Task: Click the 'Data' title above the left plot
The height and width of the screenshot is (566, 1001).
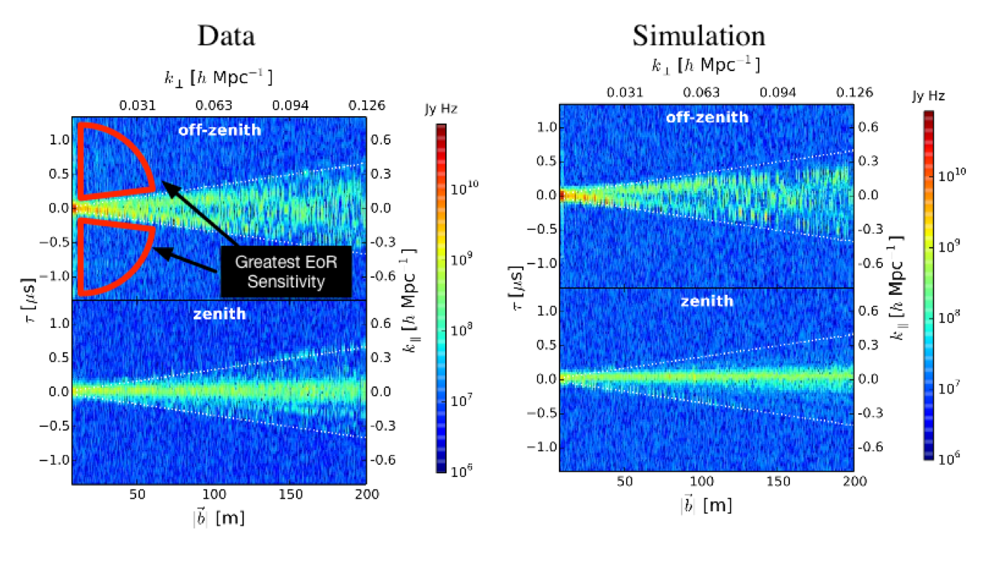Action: (226, 35)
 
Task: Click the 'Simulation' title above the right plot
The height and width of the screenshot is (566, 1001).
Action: (698, 35)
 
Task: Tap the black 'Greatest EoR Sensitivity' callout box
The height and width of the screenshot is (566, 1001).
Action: (285, 270)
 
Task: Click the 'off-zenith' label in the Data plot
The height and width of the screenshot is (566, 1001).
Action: (219, 130)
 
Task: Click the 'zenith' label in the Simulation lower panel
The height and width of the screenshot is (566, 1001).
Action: (707, 301)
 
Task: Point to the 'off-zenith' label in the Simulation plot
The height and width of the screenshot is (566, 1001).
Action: (707, 117)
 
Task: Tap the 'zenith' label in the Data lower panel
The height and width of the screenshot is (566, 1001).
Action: (219, 314)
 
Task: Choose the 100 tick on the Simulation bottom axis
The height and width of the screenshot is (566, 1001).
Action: (702, 482)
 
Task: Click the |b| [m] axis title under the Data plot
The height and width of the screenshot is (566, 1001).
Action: (219, 517)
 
